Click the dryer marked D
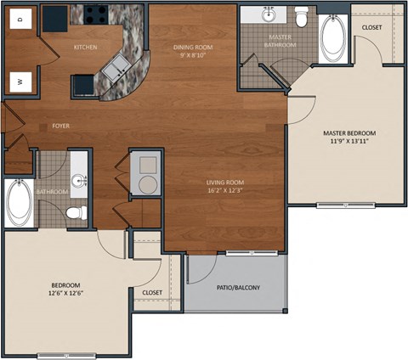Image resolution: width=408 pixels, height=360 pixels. tap(19, 18)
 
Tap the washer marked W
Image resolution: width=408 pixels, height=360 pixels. tap(19, 82)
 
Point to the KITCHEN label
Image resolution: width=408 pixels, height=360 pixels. tap(86, 47)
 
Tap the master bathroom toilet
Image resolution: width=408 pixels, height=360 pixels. tap(302, 16)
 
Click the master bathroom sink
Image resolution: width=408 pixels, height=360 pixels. tap(269, 15)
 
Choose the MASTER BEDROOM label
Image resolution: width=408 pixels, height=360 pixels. tap(349, 133)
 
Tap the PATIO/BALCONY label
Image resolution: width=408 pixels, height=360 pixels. tap(238, 287)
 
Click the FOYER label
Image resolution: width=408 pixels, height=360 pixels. tap(60, 126)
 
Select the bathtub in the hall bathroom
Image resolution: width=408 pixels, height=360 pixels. tap(18, 202)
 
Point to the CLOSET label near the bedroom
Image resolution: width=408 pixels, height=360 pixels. tap(152, 292)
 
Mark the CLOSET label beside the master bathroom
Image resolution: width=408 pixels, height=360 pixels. tap(371, 27)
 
